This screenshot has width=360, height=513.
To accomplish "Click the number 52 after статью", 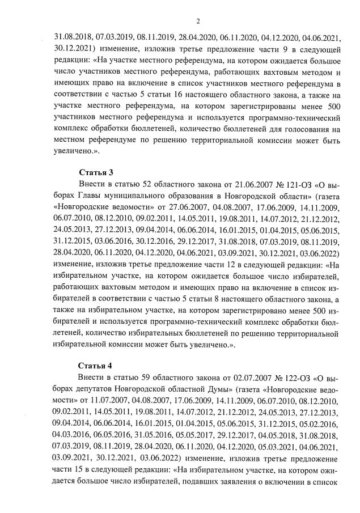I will (x=134, y=185).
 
